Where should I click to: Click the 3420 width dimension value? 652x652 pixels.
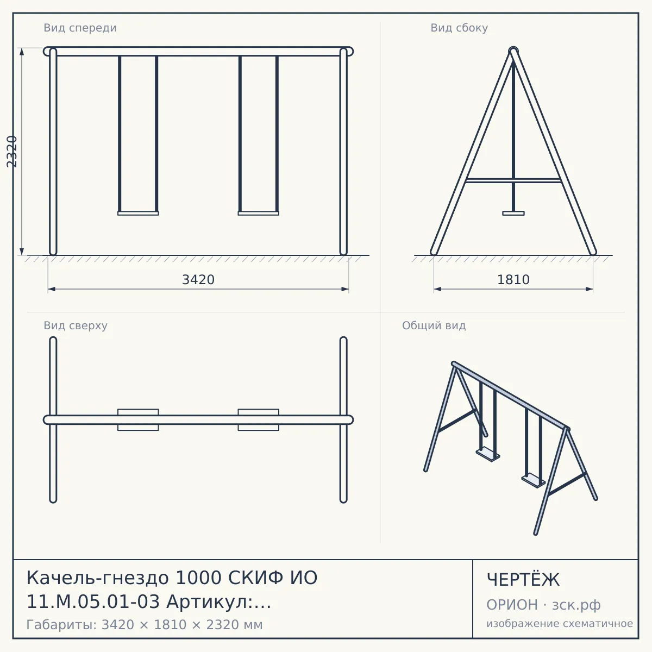(198, 280)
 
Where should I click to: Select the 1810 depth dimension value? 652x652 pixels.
(513, 280)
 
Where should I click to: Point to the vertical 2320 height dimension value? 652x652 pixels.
(12, 152)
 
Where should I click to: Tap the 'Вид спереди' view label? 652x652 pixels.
(80, 28)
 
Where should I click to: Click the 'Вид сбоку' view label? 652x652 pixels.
(459, 28)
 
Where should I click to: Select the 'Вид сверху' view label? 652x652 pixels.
(76, 325)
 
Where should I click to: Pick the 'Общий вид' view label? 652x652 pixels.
(434, 325)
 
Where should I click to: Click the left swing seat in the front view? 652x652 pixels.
(138, 213)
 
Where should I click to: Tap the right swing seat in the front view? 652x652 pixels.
(259, 213)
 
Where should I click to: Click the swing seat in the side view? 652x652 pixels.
(513, 213)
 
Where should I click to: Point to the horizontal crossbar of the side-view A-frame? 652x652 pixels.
(513, 181)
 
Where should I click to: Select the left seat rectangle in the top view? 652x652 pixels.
(138, 419)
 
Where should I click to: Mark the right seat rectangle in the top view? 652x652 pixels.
(259, 419)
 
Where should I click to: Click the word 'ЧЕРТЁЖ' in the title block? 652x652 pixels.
(523, 579)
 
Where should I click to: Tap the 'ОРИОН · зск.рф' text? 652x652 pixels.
(543, 605)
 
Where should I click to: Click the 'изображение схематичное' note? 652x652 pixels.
(560, 624)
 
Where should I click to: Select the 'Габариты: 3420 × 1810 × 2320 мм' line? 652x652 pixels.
(145, 625)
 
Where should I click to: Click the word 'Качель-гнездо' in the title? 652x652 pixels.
(98, 578)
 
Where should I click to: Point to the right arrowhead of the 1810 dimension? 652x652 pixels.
(590, 289)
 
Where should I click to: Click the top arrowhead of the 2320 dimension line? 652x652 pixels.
(22, 52)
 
